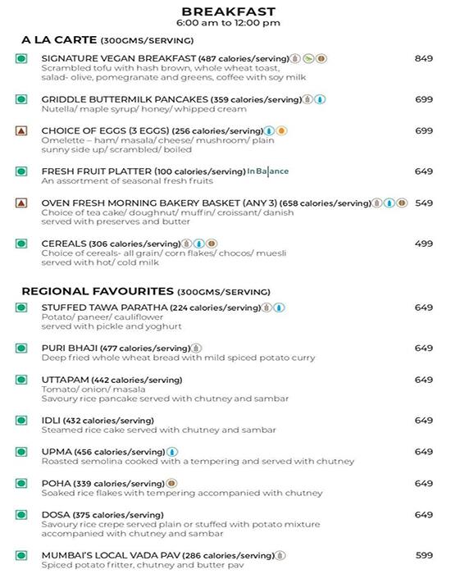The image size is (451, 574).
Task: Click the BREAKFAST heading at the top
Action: point(228,11)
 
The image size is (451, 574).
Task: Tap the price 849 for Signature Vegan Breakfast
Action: point(423,59)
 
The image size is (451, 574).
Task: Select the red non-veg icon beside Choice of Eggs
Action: point(22,131)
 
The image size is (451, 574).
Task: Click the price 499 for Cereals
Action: point(423,244)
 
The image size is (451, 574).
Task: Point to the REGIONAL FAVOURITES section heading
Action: point(98,291)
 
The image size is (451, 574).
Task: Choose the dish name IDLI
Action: point(54,421)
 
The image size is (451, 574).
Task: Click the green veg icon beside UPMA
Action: point(22,452)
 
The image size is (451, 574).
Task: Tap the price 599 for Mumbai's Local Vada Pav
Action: point(423,554)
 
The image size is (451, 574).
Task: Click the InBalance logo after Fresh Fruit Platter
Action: point(270,171)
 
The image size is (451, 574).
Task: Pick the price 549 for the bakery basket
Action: point(423,203)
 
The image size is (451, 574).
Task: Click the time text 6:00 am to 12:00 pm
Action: point(228,23)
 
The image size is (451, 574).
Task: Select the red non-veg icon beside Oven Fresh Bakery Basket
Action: point(22,203)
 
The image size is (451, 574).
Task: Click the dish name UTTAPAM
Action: point(64,380)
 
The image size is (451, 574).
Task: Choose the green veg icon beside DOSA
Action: point(22,515)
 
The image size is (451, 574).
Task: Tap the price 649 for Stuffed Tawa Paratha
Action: point(423,307)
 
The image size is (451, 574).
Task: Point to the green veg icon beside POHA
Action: point(22,484)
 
